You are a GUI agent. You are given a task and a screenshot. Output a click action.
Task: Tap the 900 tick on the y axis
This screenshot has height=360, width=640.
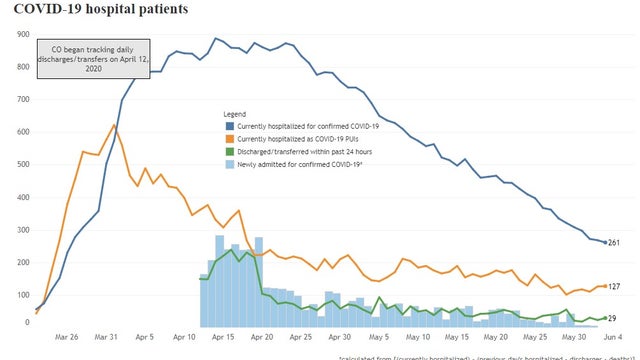[x=20, y=34]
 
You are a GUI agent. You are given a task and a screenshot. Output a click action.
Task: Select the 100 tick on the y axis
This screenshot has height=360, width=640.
[x=20, y=295]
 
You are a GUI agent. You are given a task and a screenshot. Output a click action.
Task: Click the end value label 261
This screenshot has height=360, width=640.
[x=615, y=243]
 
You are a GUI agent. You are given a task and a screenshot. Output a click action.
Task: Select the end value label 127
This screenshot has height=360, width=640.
[x=615, y=287]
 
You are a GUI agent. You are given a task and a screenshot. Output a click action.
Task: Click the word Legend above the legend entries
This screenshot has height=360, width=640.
[x=237, y=114]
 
